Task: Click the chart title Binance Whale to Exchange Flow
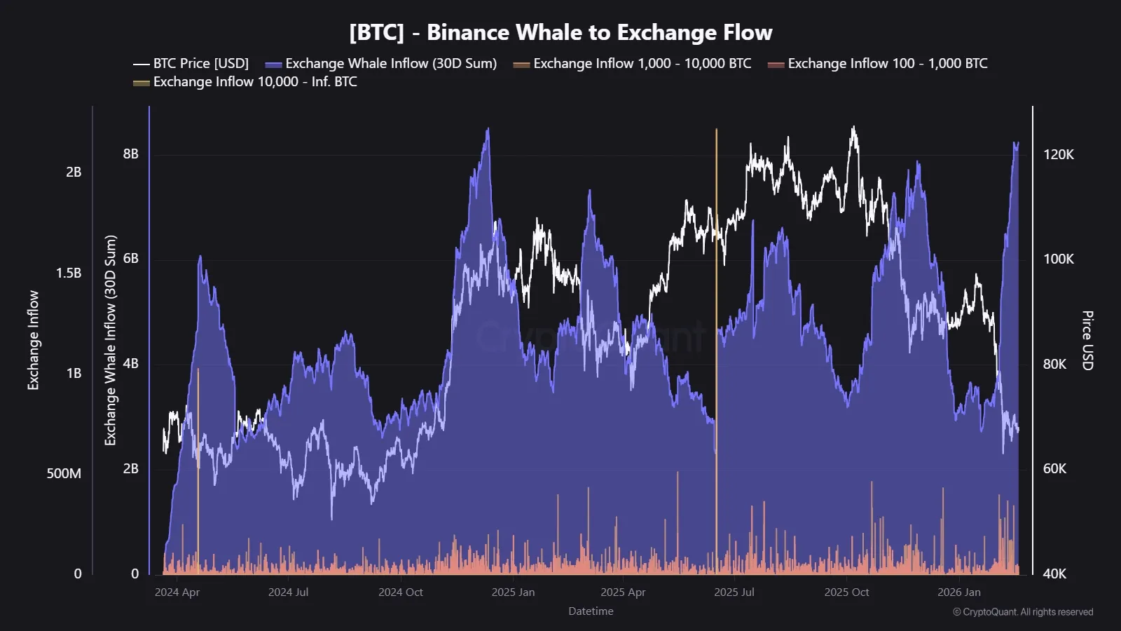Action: (x=560, y=32)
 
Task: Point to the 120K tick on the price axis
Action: (x=1058, y=154)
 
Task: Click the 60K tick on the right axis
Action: (x=1054, y=468)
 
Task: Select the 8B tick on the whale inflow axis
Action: (x=131, y=154)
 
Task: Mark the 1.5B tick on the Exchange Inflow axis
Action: (x=68, y=273)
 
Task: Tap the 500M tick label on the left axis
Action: (x=64, y=473)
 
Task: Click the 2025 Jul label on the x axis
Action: (x=734, y=592)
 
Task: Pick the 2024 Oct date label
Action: (x=400, y=592)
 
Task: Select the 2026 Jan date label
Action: (x=958, y=592)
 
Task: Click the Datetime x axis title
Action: (x=591, y=611)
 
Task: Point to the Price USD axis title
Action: (x=1087, y=340)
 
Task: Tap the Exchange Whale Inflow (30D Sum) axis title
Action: (x=110, y=340)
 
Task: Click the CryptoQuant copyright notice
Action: (x=1022, y=612)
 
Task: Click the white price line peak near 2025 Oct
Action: (x=853, y=129)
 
